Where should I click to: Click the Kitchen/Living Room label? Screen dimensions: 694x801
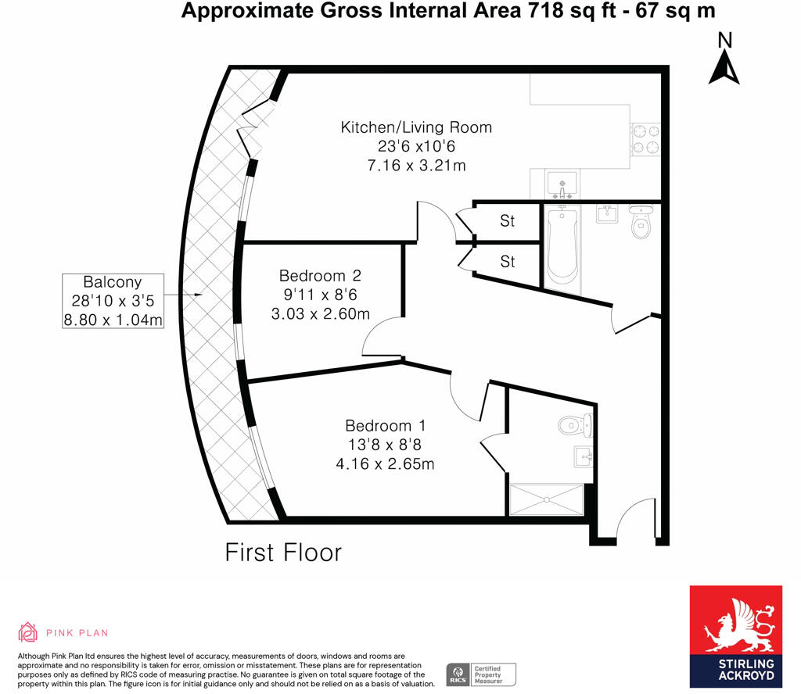[x=416, y=127]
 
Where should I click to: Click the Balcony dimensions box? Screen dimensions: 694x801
[x=113, y=301]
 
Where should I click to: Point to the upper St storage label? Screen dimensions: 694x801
[x=508, y=221]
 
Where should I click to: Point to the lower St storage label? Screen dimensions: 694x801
[x=508, y=261]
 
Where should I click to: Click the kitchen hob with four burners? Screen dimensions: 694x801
[x=646, y=139]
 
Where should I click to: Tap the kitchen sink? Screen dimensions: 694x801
[x=562, y=184]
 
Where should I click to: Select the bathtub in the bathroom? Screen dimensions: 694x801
[x=562, y=246]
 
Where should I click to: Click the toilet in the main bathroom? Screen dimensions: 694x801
[x=641, y=223]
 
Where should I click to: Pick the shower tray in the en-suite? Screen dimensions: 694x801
[x=547, y=499]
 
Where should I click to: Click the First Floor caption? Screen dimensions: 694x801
[x=283, y=553]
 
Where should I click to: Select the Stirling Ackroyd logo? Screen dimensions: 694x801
[x=735, y=636]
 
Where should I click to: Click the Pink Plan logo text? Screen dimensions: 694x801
[x=76, y=632]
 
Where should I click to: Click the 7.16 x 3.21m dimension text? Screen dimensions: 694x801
[x=416, y=165]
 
